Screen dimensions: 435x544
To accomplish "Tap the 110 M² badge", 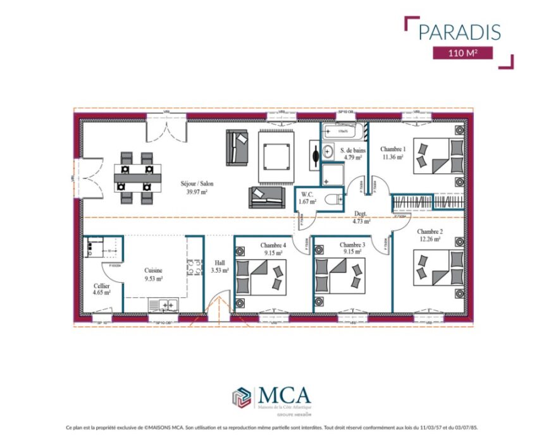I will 462,53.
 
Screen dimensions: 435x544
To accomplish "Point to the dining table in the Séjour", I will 137,178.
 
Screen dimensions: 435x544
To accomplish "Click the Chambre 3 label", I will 352,244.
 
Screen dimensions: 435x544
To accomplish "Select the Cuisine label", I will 153,269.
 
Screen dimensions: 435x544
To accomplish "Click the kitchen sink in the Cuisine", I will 165,305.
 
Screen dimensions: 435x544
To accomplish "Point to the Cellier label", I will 100,286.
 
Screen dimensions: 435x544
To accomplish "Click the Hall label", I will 219,262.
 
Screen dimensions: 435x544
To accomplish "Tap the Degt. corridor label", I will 361,214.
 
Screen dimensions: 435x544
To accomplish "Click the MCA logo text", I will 284,395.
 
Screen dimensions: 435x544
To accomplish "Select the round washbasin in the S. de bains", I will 327,151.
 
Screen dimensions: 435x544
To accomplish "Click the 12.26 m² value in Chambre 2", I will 429,239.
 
